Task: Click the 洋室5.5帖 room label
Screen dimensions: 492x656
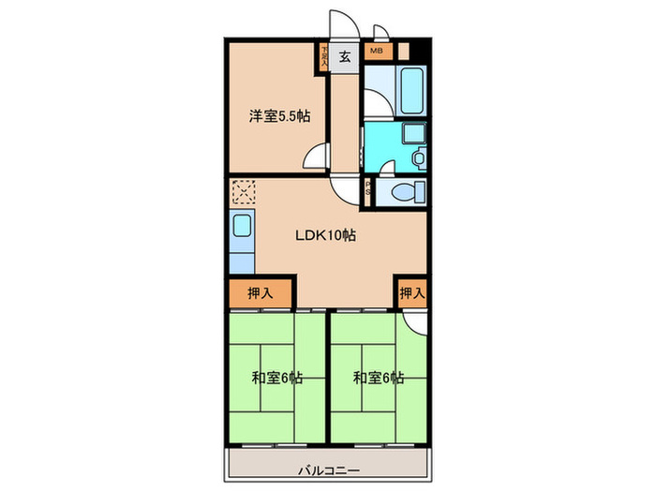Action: (280, 116)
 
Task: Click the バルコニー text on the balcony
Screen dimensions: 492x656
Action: (328, 470)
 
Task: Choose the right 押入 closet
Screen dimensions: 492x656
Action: (411, 293)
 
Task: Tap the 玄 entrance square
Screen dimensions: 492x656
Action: (344, 57)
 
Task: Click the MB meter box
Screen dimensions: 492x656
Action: (376, 52)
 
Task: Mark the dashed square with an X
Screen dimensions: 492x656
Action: (244, 194)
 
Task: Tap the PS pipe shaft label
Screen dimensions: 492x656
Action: (368, 190)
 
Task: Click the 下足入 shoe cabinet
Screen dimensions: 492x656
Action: (325, 56)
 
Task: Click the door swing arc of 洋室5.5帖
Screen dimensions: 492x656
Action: (320, 157)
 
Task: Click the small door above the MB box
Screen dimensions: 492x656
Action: (380, 32)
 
